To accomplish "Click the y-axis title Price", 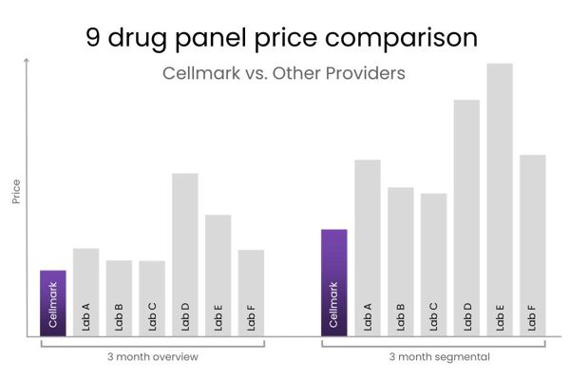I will (16, 193).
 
